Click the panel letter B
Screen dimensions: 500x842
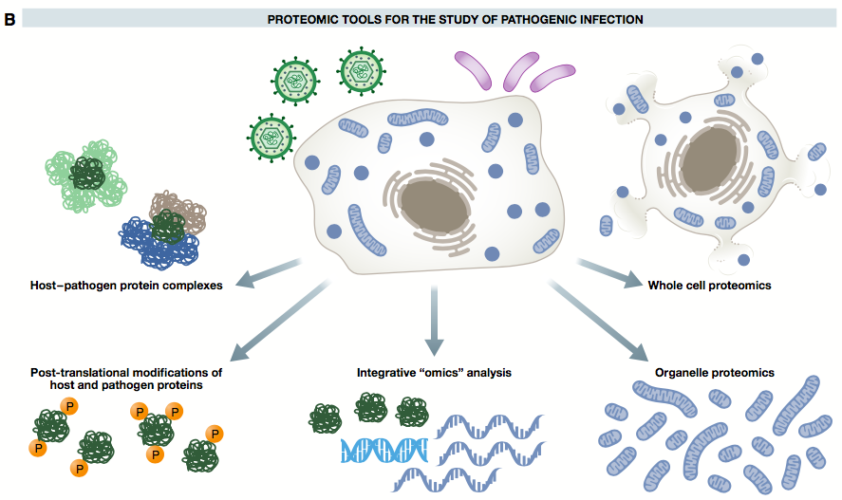(x=9, y=17)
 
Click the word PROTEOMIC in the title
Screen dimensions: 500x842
(x=296, y=18)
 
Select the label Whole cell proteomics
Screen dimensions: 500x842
(x=708, y=285)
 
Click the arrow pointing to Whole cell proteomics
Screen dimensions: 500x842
(x=607, y=271)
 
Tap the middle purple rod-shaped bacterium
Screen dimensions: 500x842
(x=519, y=70)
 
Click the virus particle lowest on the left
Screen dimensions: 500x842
(x=268, y=137)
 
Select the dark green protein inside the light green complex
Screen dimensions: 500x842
(x=88, y=174)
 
